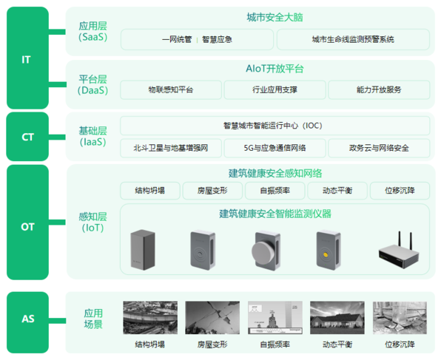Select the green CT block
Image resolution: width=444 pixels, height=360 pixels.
click(x=27, y=137)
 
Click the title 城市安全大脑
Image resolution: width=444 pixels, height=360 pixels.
click(x=275, y=17)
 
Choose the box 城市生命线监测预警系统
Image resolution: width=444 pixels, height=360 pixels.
click(x=353, y=39)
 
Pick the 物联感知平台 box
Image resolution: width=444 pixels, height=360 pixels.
click(x=171, y=90)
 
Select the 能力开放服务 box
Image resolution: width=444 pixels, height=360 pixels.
click(x=379, y=90)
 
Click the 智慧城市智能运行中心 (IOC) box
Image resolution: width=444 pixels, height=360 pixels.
click(x=275, y=126)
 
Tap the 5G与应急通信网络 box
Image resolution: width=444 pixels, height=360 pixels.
click(x=275, y=148)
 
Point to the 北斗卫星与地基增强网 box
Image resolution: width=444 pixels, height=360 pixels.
click(x=171, y=148)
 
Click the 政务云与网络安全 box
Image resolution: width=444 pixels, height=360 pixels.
click(x=379, y=148)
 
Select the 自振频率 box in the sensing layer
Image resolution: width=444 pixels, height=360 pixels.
click(x=275, y=191)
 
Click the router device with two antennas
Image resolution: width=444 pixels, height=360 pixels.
click(x=399, y=251)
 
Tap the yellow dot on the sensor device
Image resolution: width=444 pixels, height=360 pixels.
click(x=326, y=255)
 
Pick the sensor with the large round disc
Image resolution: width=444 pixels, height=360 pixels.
click(x=266, y=251)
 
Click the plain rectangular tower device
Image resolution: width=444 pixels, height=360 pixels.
click(x=143, y=250)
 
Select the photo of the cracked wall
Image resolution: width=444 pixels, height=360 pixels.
click(x=212, y=318)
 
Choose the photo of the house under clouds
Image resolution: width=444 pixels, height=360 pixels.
click(x=337, y=318)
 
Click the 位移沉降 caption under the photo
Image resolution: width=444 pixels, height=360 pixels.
click(x=400, y=344)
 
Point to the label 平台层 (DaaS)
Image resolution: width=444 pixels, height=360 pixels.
click(x=93, y=84)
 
